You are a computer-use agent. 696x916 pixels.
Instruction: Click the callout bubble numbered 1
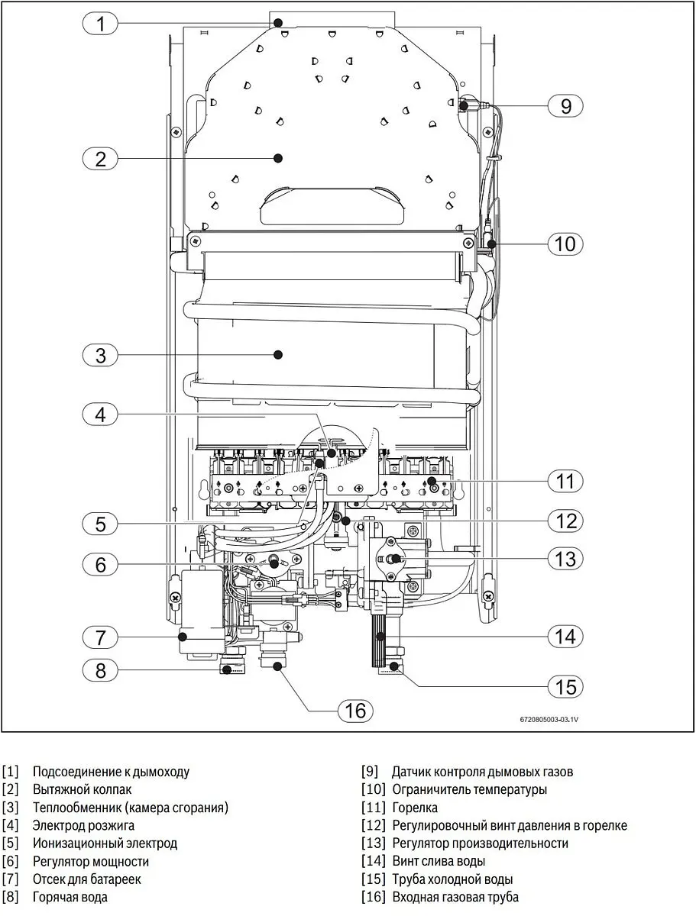click(100, 24)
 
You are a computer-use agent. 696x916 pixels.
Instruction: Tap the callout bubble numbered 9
click(565, 106)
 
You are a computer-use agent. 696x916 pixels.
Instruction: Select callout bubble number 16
click(355, 710)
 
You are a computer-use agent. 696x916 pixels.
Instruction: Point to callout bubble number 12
click(565, 521)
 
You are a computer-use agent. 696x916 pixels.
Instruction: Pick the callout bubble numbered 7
click(100, 637)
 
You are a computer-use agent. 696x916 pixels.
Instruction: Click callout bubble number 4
click(100, 414)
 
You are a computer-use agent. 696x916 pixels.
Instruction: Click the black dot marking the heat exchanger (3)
click(278, 355)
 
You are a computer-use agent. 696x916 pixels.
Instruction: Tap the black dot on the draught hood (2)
click(278, 158)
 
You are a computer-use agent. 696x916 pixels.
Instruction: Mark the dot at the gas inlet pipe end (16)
click(277, 666)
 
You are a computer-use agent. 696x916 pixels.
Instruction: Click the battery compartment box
click(202, 612)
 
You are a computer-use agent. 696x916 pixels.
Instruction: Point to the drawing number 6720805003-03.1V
click(549, 720)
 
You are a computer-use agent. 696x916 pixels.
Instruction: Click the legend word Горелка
click(415, 808)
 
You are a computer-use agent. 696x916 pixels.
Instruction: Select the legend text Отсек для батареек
click(87, 879)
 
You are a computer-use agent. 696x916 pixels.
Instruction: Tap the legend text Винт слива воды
click(439, 861)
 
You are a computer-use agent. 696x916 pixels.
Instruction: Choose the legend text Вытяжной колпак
click(82, 789)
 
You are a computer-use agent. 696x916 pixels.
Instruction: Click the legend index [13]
click(374, 843)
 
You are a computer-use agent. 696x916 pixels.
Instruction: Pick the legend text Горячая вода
click(70, 897)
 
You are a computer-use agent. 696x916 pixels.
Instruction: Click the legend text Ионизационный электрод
click(105, 843)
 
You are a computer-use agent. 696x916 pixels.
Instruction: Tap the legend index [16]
click(374, 897)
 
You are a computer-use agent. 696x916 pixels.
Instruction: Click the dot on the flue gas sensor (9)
click(463, 105)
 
